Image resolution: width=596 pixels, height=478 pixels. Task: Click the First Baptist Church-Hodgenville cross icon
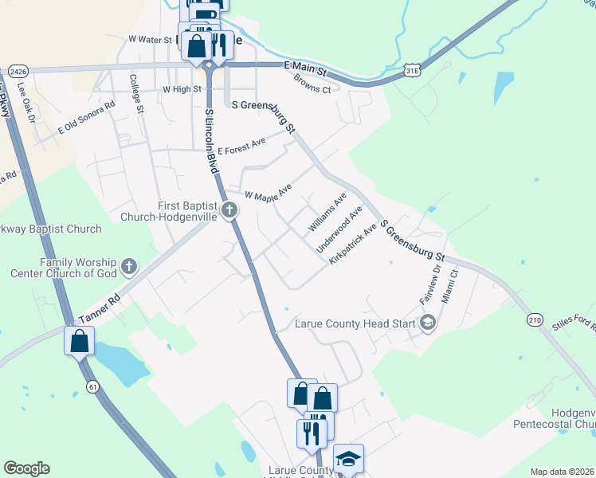[229, 211]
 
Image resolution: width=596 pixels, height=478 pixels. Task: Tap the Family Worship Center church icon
[129, 266]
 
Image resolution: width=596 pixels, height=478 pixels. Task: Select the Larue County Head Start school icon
[428, 323]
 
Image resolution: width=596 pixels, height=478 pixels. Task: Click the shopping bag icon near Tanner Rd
[80, 342]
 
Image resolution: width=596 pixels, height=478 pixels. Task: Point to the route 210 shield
[534, 319]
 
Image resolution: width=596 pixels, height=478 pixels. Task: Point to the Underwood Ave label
[339, 229]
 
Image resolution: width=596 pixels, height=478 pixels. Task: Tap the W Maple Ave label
[269, 192]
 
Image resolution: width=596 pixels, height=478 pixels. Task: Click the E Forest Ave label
[241, 147]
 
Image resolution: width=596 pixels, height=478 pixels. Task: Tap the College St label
[136, 93]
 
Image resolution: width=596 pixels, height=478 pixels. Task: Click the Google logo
[26, 468]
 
